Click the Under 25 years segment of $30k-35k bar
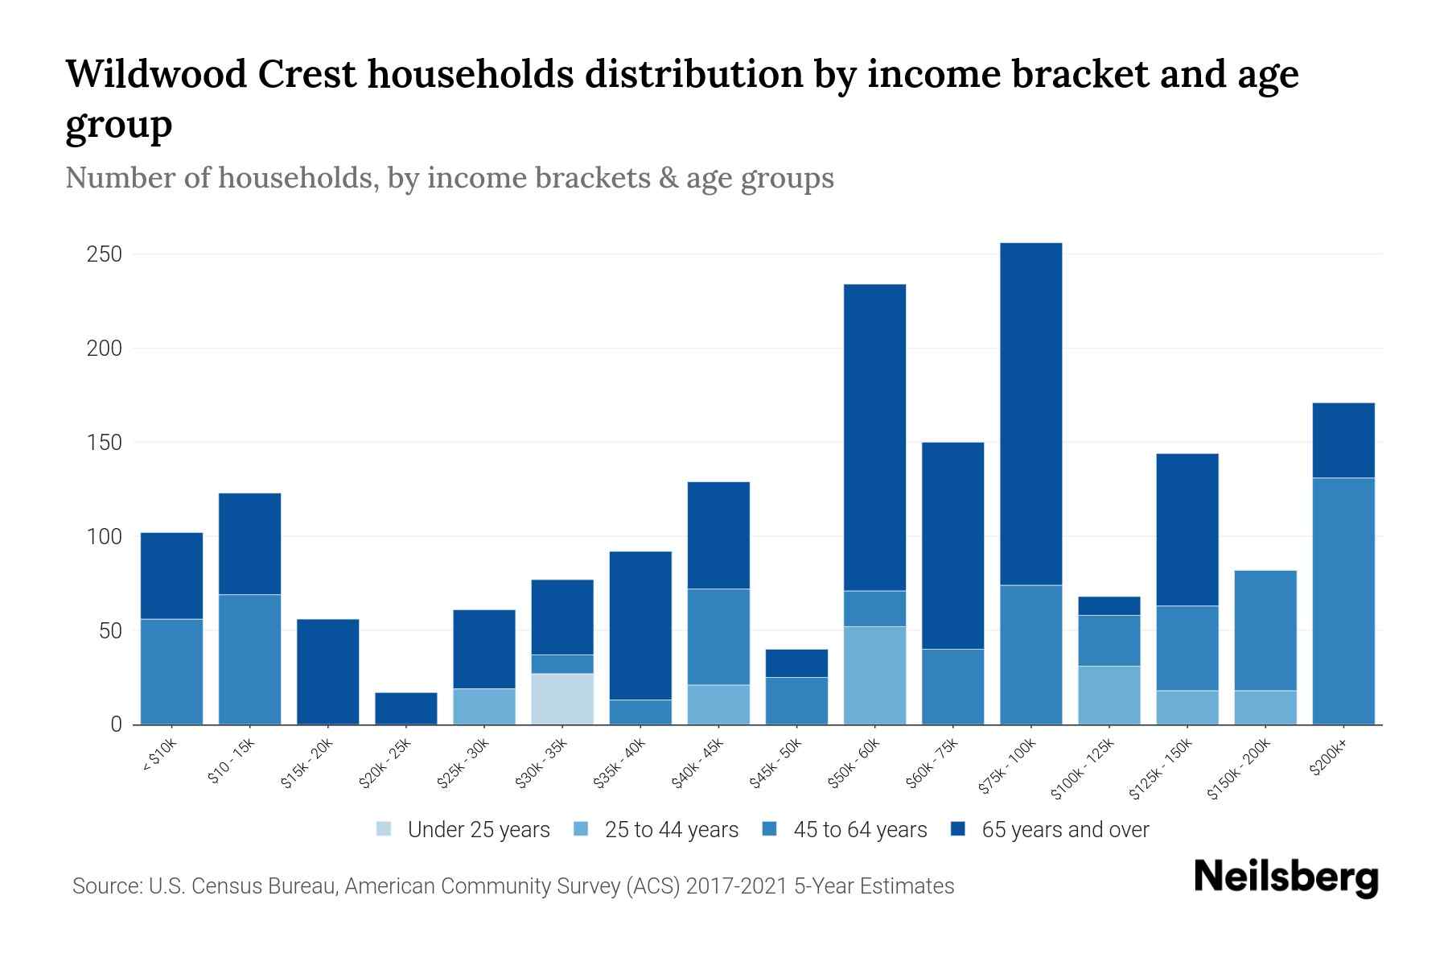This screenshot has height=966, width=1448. tap(562, 699)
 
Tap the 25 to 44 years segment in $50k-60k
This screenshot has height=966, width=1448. tap(874, 675)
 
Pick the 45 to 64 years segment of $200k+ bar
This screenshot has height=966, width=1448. tap(1343, 601)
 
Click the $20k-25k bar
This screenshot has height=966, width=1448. tap(406, 708)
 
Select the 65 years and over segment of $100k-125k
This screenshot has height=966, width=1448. tap(1109, 606)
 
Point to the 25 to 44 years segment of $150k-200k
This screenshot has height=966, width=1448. tap(1265, 708)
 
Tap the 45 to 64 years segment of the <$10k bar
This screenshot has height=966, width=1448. tap(171, 671)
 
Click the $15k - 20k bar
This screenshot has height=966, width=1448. tap(327, 671)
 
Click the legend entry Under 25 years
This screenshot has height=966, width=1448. tap(478, 830)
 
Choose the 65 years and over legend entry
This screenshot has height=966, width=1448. tap(1064, 830)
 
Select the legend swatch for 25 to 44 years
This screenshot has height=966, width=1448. tap(582, 829)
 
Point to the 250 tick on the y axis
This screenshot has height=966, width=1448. tap(104, 254)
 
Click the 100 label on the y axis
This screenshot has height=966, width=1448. tap(104, 537)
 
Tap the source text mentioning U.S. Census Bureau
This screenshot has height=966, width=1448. tap(512, 886)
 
